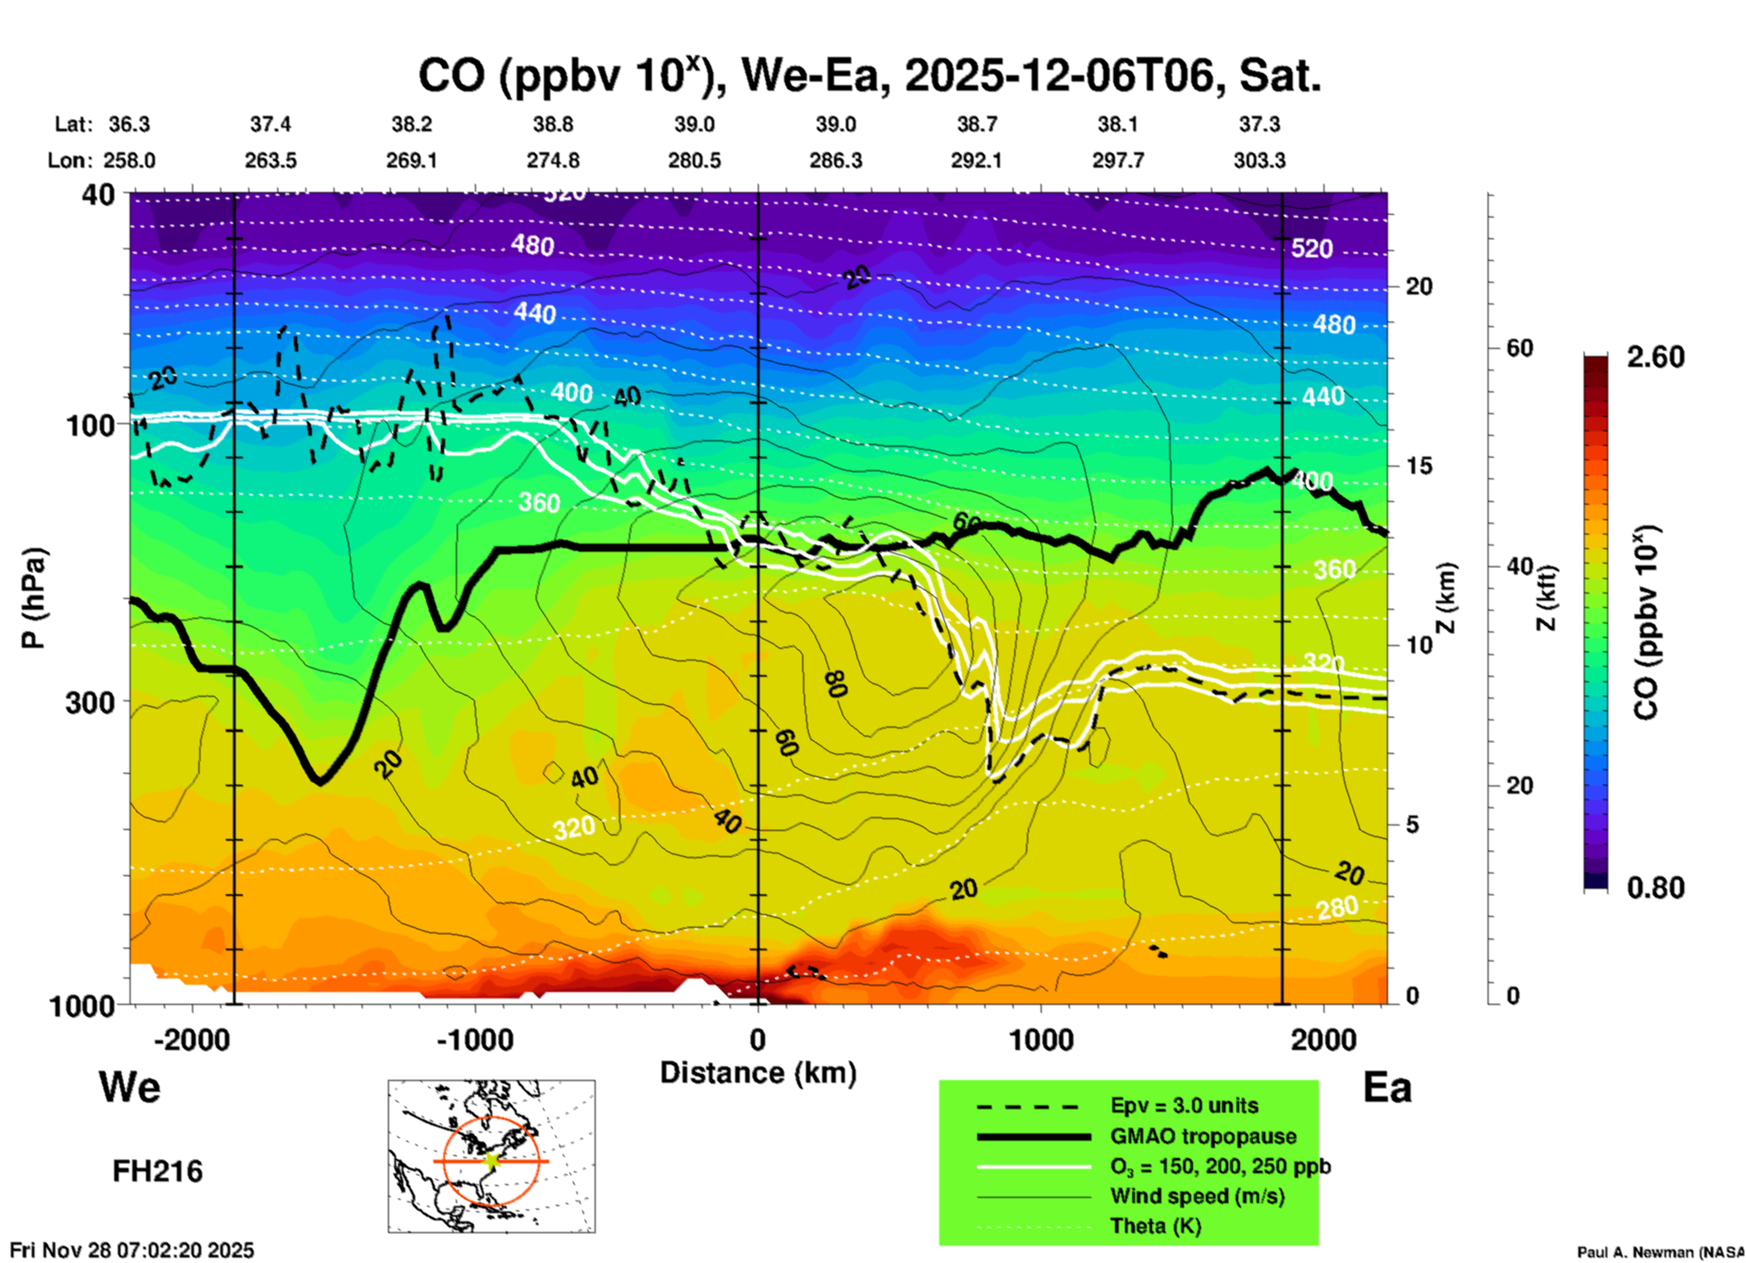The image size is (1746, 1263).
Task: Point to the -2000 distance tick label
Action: [192, 1040]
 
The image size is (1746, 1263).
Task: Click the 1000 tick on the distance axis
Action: [1042, 1040]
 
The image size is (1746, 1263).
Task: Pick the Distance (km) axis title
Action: [758, 1073]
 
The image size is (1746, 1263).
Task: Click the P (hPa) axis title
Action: [33, 598]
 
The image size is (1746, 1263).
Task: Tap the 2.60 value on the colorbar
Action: [1655, 357]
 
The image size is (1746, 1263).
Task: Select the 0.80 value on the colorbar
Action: [1655, 888]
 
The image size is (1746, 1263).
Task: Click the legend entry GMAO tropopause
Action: [1203, 1136]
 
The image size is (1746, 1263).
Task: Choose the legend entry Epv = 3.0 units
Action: [1184, 1106]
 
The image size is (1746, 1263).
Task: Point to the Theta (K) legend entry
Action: [1156, 1226]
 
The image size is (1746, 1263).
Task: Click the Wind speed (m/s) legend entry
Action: [1197, 1196]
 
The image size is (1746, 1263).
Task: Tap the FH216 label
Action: [158, 1171]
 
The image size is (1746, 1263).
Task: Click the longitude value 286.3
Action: [836, 160]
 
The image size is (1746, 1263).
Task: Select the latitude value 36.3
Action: [130, 124]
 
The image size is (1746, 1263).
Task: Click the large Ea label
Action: [1387, 1087]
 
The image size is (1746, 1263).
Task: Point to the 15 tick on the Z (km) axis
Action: [1419, 466]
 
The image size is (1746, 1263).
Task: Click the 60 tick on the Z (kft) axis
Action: [1520, 348]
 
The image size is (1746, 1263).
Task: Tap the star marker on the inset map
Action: [491, 1161]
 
